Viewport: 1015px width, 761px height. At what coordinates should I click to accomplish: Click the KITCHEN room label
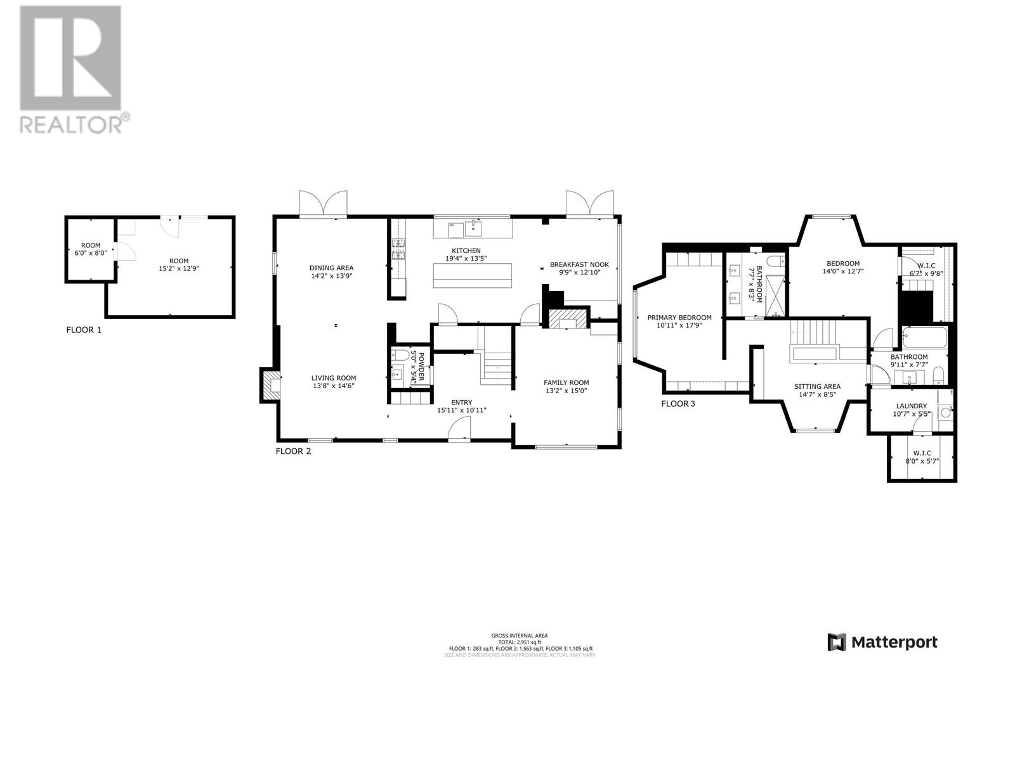tap(466, 251)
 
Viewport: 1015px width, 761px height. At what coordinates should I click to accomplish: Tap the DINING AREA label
tap(331, 268)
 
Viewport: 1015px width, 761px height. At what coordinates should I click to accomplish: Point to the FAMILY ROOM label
tap(566, 382)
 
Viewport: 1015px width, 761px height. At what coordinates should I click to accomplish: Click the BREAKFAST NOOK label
tap(579, 264)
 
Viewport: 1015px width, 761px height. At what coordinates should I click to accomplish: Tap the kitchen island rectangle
tap(473, 275)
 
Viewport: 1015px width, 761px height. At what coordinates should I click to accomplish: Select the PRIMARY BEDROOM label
tap(679, 318)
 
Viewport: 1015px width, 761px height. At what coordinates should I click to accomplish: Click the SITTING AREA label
tap(817, 386)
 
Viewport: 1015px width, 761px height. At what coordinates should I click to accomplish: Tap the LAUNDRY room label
tap(911, 406)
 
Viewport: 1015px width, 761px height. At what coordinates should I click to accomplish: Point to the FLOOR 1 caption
tap(83, 330)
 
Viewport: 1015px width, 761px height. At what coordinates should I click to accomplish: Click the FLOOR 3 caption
tap(678, 403)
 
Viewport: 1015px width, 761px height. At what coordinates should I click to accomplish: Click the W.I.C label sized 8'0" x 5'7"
tap(922, 453)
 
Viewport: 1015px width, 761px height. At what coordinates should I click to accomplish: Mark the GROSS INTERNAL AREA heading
tap(519, 635)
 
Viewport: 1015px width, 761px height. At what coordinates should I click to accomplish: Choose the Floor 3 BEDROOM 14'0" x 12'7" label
tap(842, 264)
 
